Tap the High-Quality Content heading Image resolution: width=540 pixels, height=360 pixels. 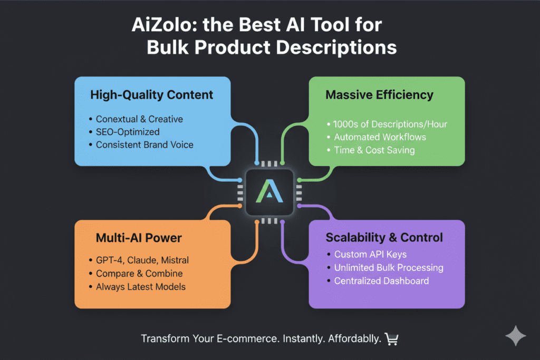(x=152, y=95)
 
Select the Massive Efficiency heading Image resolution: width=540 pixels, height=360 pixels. (x=379, y=95)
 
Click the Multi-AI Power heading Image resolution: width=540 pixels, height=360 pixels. (x=139, y=238)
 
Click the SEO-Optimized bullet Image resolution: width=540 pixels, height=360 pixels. (x=127, y=132)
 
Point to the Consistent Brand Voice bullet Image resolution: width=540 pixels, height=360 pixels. (x=144, y=144)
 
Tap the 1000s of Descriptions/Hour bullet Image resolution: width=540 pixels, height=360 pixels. (x=390, y=124)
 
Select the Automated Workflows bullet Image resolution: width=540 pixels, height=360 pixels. (x=380, y=137)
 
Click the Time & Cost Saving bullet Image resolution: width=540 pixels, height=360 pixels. (x=374, y=150)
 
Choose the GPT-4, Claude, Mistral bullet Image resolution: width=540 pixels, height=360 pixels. (x=142, y=260)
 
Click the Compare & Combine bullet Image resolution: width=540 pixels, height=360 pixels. (x=139, y=274)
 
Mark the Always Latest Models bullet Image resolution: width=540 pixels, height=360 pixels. (x=141, y=287)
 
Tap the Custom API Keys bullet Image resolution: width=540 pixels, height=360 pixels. (x=370, y=255)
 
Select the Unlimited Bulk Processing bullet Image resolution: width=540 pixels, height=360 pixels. (x=389, y=267)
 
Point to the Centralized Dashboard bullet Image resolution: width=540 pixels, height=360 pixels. (x=381, y=280)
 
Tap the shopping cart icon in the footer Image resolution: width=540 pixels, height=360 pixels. (x=391, y=339)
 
